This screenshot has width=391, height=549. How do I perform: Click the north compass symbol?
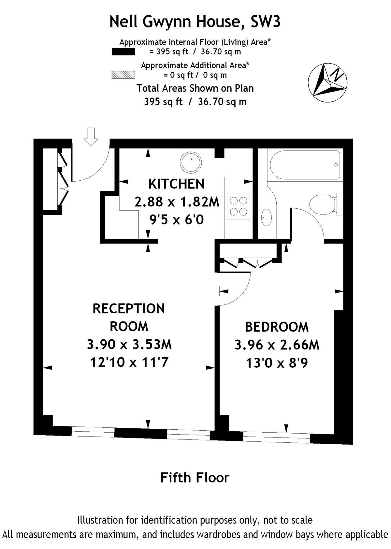click(x=327, y=83)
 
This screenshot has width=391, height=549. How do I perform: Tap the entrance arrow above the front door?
click(x=91, y=137)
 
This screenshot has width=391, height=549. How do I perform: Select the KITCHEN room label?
click(x=176, y=184)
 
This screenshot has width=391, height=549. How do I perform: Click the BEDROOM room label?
click(x=277, y=327)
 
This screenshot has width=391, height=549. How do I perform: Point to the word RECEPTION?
click(x=129, y=308)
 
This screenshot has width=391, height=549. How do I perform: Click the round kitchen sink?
click(x=191, y=162)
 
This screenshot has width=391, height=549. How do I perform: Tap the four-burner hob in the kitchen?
click(x=239, y=206)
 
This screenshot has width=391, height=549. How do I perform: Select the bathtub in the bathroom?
click(x=305, y=165)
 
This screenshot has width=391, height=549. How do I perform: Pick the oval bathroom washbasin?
click(x=266, y=217)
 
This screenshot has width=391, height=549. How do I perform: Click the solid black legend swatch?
click(x=123, y=52)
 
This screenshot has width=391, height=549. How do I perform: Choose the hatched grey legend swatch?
click(x=123, y=75)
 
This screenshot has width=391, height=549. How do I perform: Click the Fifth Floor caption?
click(x=195, y=477)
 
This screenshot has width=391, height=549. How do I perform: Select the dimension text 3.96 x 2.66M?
click(x=277, y=345)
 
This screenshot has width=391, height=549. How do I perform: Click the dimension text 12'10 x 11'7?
click(x=129, y=363)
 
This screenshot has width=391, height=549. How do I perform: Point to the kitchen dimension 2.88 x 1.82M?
click(x=177, y=202)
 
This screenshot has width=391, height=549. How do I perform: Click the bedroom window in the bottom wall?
click(x=277, y=438)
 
